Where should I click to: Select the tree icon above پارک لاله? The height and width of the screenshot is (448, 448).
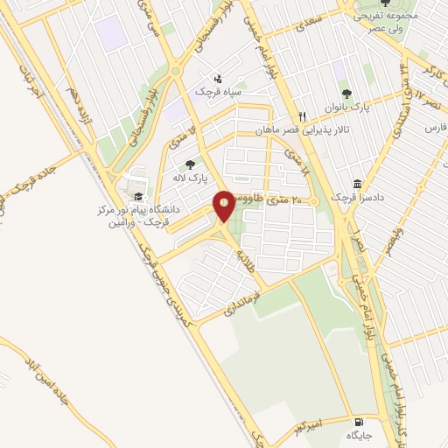(189, 164)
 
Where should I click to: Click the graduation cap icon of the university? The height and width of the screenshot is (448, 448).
(138, 196)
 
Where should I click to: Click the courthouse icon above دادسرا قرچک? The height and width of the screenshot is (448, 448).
(358, 183)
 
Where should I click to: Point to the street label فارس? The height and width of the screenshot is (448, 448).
(436, 127)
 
